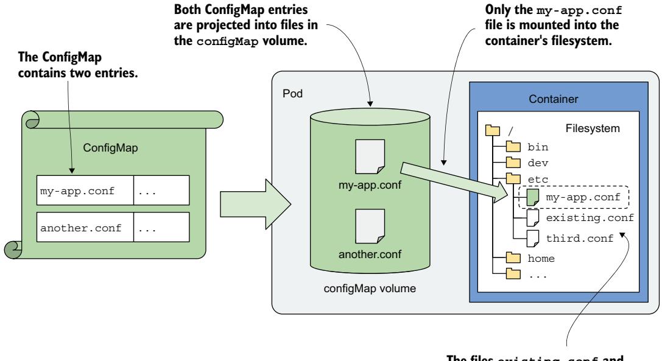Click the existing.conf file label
(582, 218)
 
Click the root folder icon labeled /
(490, 130)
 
